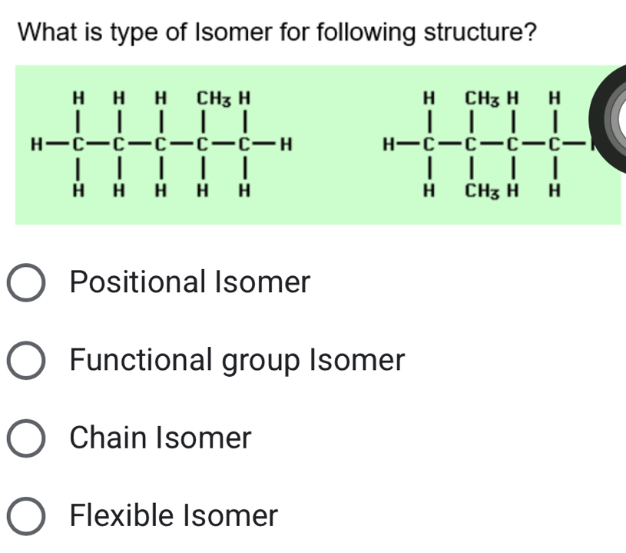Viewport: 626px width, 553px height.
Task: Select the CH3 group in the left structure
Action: pyautogui.click(x=209, y=98)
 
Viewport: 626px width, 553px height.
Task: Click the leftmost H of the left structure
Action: pyautogui.click(x=33, y=144)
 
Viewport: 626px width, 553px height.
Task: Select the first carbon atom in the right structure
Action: pyautogui.click(x=430, y=144)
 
